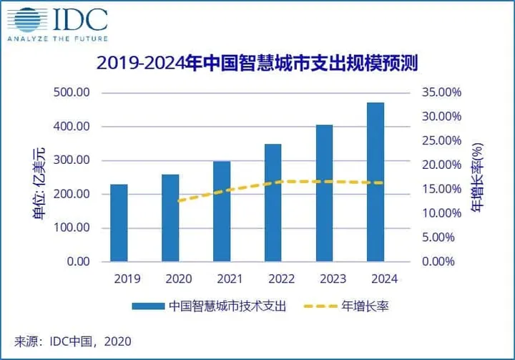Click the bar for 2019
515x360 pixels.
(119, 223)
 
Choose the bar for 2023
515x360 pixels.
(323, 193)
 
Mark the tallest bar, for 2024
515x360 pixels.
(375, 182)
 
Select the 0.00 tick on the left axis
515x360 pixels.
(74, 262)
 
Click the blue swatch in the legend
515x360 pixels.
(148, 306)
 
